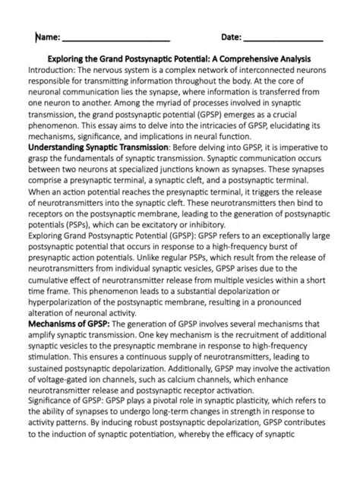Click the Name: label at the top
[47, 37]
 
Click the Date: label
[232, 37]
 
